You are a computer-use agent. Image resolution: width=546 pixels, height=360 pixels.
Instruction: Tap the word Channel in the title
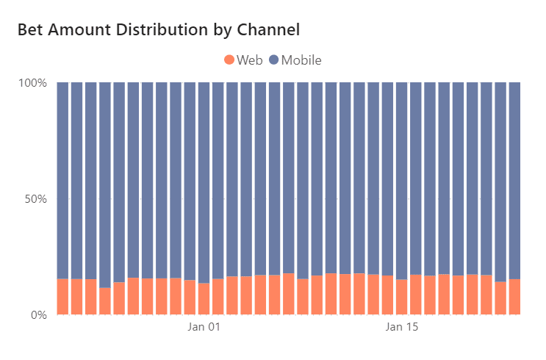click(270, 30)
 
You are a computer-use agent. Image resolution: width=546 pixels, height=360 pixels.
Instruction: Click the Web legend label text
click(250, 60)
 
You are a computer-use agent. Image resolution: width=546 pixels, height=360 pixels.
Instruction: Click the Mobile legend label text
click(301, 60)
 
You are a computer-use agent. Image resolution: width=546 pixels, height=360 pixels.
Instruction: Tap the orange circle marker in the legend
click(229, 60)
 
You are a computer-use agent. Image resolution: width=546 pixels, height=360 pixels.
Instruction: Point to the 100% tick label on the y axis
click(32, 82)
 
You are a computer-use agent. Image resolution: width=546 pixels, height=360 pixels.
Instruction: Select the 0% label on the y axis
click(38, 314)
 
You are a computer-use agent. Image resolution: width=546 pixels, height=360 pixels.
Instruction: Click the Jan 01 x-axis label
click(204, 327)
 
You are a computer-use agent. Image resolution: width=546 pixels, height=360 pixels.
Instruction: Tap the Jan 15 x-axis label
click(401, 327)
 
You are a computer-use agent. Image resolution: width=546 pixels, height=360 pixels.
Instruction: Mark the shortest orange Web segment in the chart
click(105, 301)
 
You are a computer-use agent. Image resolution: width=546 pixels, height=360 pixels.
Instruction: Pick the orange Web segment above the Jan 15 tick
click(401, 298)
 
